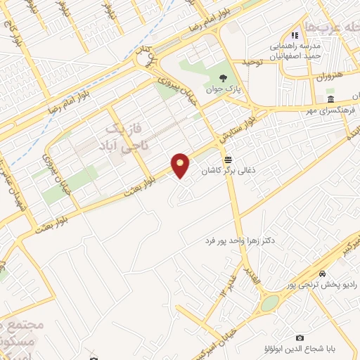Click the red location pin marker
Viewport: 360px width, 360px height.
click(x=181, y=165)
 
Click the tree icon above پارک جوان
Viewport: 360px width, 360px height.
click(x=223, y=79)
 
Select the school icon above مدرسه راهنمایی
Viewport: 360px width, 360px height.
click(x=295, y=34)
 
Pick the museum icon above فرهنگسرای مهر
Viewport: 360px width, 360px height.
click(x=330, y=98)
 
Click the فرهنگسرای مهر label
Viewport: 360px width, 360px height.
click(x=317, y=110)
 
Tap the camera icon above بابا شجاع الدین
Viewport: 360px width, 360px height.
click(x=300, y=338)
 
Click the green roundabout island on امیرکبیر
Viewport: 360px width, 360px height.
click(x=269, y=303)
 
